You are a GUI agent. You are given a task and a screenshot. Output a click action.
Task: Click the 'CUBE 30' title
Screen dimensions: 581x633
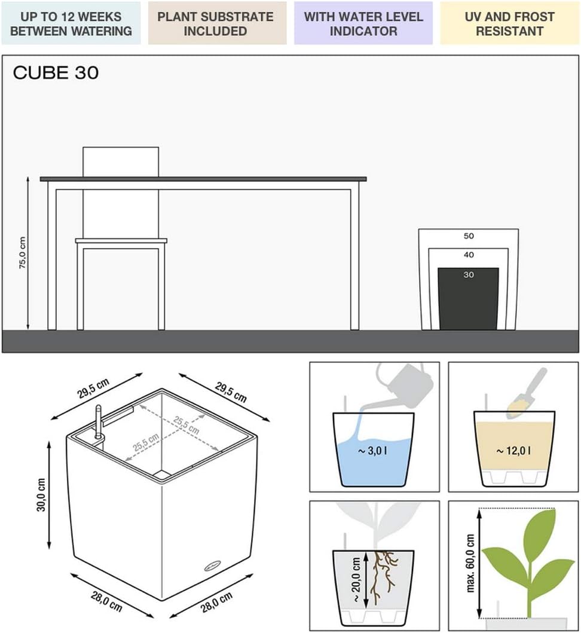tap(56, 73)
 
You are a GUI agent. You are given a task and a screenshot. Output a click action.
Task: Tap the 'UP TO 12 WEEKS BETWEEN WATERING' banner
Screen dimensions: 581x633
tap(71, 23)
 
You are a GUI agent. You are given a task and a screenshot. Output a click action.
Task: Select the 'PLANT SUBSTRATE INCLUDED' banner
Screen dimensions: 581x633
tap(217, 23)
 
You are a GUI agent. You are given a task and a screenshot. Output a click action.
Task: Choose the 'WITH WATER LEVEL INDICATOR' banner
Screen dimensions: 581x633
tap(363, 23)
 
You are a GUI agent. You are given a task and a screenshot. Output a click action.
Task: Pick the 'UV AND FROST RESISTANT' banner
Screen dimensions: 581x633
tap(509, 23)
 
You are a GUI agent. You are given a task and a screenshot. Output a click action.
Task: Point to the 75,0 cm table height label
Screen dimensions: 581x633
tap(23, 253)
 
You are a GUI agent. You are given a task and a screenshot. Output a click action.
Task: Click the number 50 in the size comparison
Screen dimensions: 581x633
tap(469, 236)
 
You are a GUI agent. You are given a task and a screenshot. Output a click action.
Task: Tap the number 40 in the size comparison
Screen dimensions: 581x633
tap(469, 255)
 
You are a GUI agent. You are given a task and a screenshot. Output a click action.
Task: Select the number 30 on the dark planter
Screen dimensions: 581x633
tap(469, 275)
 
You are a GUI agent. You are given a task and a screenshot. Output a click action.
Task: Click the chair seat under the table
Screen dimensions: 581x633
tap(121, 241)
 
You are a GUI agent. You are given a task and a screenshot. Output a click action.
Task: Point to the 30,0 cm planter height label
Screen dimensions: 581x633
tap(41, 495)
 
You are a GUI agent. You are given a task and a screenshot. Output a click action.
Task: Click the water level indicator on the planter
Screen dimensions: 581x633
tap(97, 422)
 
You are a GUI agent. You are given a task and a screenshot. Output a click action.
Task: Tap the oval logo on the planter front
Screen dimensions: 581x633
tap(213, 566)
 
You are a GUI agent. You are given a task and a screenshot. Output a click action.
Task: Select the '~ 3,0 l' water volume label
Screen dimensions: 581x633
tap(372, 451)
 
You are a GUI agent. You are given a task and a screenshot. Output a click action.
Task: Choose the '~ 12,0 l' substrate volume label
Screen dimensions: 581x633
tap(513, 451)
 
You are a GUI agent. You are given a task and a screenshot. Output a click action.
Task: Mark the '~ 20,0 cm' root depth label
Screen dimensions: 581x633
tap(356, 580)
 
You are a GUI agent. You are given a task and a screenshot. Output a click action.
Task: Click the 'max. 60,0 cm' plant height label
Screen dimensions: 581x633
tap(470, 563)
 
